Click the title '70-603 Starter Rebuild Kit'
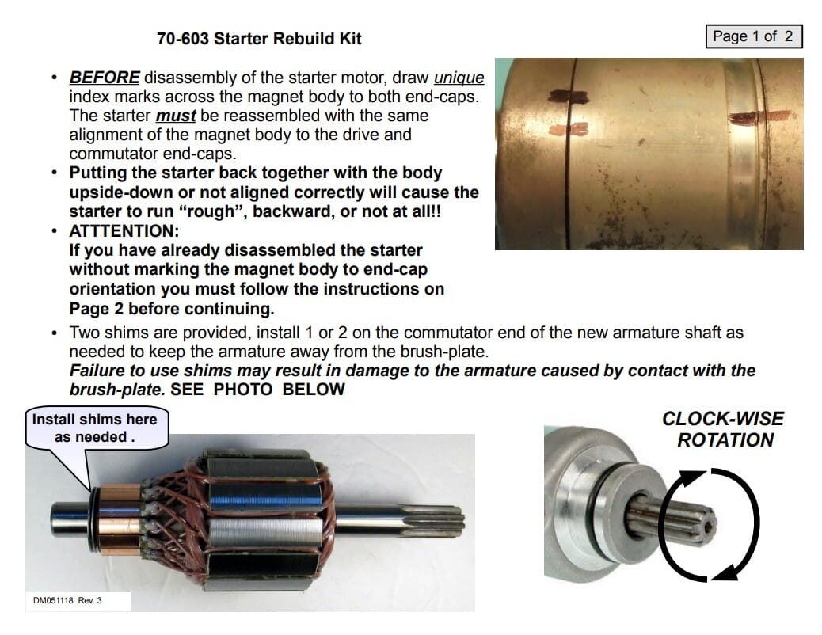point(259,38)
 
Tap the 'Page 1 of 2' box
point(754,36)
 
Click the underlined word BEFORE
point(105,77)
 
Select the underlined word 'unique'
point(459,78)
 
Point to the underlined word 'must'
point(176,116)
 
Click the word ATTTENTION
point(124,230)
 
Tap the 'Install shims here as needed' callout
point(97,428)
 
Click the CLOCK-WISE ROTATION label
point(723,429)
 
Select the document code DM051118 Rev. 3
point(67,600)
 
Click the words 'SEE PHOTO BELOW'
point(257,389)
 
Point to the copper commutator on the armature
point(120,519)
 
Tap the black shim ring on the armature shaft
point(93,519)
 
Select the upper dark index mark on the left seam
point(569,97)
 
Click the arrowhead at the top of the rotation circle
point(693,477)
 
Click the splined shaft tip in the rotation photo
point(676,518)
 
